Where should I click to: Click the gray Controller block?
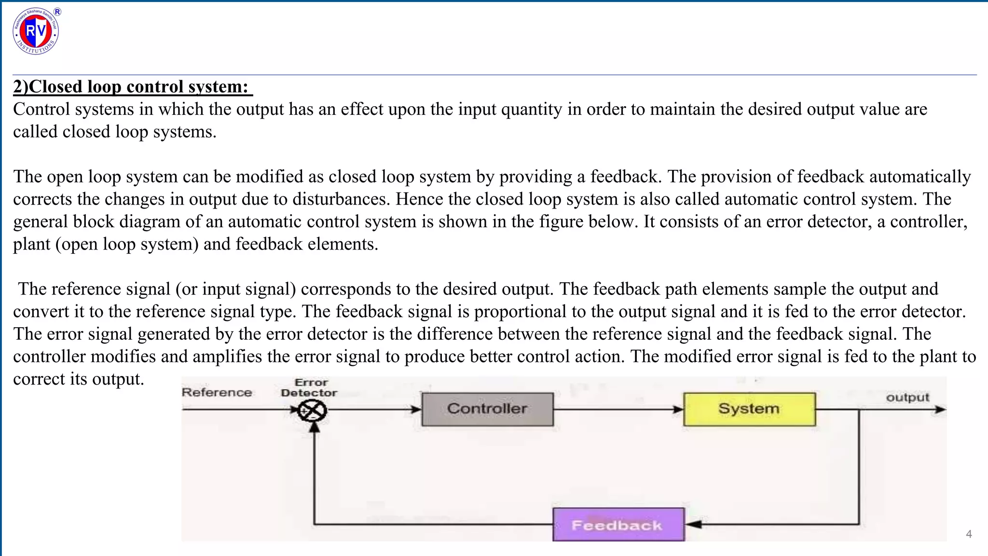point(487,409)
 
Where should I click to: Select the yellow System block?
point(749,409)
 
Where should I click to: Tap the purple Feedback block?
point(618,525)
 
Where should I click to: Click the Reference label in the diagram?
point(217,392)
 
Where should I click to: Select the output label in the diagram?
point(907,398)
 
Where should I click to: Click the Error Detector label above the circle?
point(309,388)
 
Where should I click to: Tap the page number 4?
point(969,534)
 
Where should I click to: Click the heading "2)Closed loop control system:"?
point(131,87)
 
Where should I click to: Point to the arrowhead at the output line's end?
point(941,409)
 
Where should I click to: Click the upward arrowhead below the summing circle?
point(315,426)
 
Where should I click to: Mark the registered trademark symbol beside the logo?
point(57,12)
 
